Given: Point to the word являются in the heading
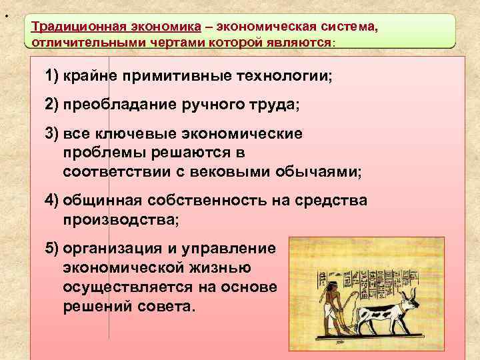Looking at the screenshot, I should tap(298, 41).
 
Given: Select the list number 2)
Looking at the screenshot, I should tap(52, 105).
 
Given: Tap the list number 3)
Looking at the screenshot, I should tap(52, 134).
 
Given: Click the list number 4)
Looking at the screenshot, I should tap(52, 201).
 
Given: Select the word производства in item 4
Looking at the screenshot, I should tap(119, 219).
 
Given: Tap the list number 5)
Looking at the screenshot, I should tap(52, 249).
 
